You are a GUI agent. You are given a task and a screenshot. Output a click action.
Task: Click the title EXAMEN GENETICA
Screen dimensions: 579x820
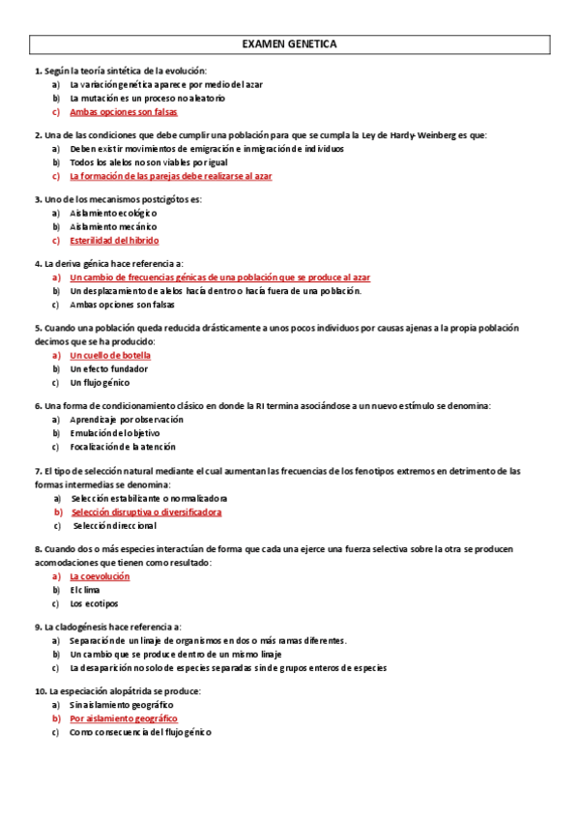[289, 44]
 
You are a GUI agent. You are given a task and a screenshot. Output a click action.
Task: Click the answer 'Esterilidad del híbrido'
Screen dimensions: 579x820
[114, 240]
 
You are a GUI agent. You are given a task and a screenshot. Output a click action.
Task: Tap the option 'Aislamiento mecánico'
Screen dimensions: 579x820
[114, 226]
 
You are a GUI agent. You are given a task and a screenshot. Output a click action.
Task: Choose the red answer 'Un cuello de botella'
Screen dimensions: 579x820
[110, 355]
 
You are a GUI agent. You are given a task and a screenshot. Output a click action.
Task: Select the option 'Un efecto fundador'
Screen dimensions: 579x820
[109, 368]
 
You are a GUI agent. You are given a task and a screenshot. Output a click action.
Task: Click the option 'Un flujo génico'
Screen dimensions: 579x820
[100, 382]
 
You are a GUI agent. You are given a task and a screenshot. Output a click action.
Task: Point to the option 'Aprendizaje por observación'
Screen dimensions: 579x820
[127, 420]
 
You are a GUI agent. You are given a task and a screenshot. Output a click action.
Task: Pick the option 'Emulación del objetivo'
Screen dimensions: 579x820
[115, 433]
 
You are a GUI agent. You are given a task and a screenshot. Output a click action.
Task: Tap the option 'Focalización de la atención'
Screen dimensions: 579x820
[124, 447]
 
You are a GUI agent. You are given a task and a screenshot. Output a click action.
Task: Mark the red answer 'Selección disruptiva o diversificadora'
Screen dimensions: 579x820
[146, 512]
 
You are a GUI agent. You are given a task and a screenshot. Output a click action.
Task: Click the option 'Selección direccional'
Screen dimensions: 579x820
[114, 525]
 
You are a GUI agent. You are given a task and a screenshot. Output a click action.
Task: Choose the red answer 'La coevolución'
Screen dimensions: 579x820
[100, 576]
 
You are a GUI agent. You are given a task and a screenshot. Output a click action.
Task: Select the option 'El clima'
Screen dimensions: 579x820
[85, 590]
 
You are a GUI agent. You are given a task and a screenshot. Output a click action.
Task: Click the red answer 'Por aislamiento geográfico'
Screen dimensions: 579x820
[124, 718]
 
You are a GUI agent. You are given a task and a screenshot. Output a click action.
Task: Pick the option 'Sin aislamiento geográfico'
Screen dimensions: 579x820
[122, 705]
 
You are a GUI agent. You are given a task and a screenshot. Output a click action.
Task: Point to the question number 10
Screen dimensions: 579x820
[40, 691]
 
